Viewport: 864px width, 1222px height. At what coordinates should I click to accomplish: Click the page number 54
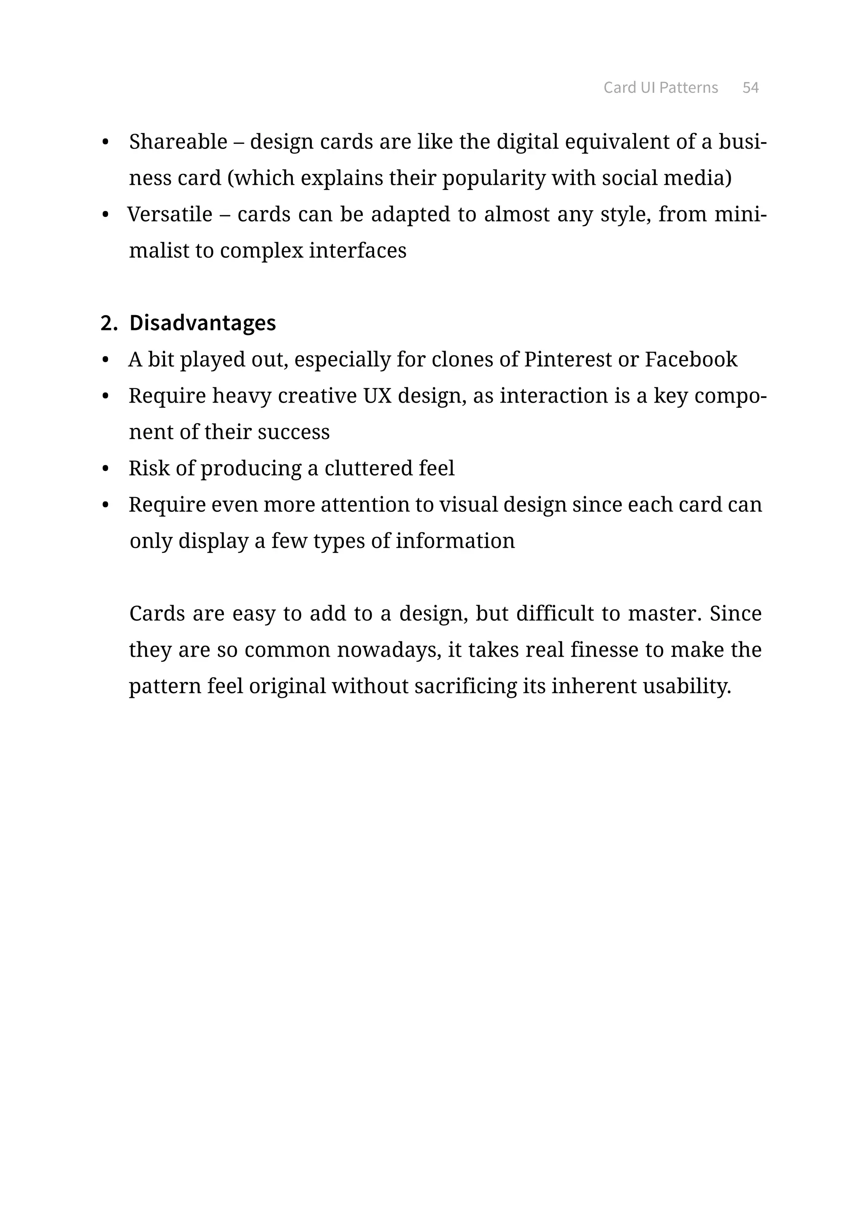tap(750, 87)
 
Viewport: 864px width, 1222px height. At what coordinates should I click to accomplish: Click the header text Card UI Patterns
tap(660, 87)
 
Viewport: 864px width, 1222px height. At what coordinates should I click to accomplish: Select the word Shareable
tap(178, 142)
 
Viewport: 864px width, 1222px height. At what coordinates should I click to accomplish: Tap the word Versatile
tap(170, 214)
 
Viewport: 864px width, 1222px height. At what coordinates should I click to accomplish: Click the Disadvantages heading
tap(202, 323)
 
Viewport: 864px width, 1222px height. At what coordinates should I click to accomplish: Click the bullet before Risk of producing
tap(105, 469)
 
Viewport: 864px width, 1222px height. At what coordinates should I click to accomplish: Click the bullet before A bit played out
tap(105, 360)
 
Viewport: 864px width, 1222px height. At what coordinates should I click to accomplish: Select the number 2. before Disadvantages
tap(108, 323)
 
